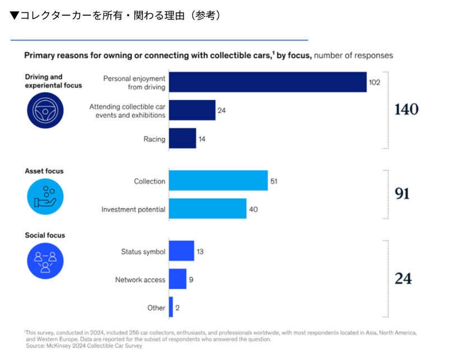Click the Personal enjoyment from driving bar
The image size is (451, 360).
267,82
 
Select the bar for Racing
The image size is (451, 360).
182,138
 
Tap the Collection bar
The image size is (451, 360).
218,181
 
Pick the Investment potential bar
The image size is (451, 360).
207,209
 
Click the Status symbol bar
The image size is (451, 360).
181,251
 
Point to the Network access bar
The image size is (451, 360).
177,279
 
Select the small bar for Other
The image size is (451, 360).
171,307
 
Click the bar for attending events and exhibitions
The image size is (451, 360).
192,110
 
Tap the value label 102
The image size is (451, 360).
375,82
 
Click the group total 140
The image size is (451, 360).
406,110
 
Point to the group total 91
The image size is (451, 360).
402,194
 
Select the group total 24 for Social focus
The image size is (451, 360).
403,278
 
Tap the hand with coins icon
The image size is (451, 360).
45,194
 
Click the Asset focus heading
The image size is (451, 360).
44,171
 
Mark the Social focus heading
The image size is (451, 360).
45,235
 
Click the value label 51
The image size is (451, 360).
275,181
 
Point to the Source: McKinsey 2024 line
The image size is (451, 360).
84,346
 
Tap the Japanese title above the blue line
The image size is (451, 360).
115,15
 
